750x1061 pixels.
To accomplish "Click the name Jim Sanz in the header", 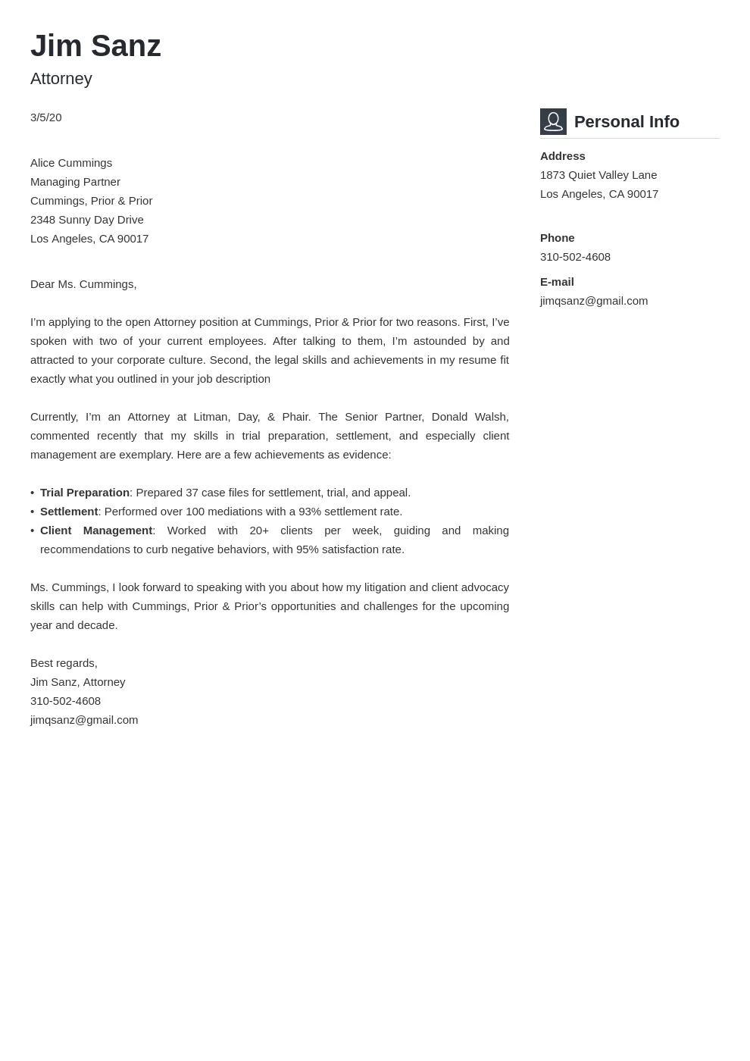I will tap(95, 46).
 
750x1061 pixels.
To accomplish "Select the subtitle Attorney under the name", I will tap(61, 79).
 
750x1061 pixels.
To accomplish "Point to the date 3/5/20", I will tap(46, 117).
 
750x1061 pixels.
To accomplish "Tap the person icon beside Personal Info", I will tap(553, 121).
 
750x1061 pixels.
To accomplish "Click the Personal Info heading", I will tap(627, 122).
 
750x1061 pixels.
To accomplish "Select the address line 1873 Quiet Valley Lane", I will tap(598, 175).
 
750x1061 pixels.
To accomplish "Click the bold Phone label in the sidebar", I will tap(558, 238).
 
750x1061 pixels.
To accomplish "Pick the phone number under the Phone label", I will tap(575, 257).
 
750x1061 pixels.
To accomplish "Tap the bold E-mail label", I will tap(557, 282).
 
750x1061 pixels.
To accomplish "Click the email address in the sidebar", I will tap(594, 301).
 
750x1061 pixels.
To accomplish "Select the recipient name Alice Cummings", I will tap(71, 163).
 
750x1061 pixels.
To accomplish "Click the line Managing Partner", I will tap(75, 182).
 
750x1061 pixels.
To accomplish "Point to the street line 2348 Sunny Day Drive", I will tap(87, 220).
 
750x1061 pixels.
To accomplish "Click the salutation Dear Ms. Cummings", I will tap(83, 284).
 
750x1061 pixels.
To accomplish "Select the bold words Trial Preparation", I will tap(85, 493).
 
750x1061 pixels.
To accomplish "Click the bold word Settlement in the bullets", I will tap(69, 512).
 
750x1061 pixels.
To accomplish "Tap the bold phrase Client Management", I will tap(96, 530).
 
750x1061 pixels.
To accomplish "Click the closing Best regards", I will tap(64, 663).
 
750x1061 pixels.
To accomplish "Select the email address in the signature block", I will tap(84, 720).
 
